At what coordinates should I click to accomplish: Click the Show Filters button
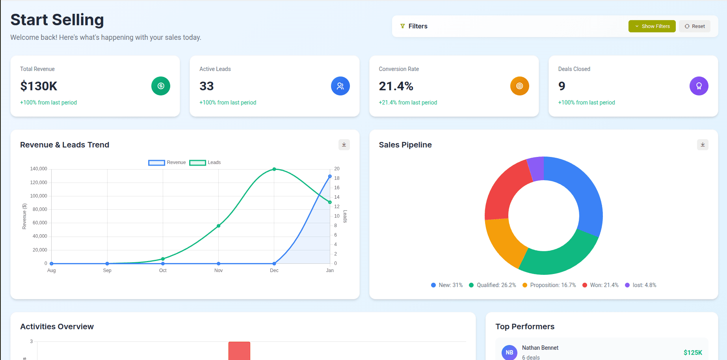pyautogui.click(x=652, y=26)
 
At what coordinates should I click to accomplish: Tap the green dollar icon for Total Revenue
pyautogui.click(x=161, y=86)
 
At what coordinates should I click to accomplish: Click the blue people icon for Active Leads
pyautogui.click(x=340, y=86)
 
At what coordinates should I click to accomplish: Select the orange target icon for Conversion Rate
pyautogui.click(x=519, y=86)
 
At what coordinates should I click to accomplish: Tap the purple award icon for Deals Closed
pyautogui.click(x=699, y=86)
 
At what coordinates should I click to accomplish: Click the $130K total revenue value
pyautogui.click(x=39, y=86)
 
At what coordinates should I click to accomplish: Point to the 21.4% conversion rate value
pyautogui.click(x=396, y=86)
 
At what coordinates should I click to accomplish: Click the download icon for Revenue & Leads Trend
pyautogui.click(x=344, y=145)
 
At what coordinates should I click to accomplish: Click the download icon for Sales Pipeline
pyautogui.click(x=703, y=145)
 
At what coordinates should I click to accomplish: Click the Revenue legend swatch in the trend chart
pyautogui.click(x=156, y=162)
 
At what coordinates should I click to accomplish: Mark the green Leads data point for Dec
pyautogui.click(x=274, y=169)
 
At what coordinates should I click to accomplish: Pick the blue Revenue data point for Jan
pyautogui.click(x=330, y=176)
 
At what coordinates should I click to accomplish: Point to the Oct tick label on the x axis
pyautogui.click(x=163, y=270)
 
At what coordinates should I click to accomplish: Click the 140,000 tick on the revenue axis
pyautogui.click(x=39, y=169)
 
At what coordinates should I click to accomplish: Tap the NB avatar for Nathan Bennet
pyautogui.click(x=509, y=353)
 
